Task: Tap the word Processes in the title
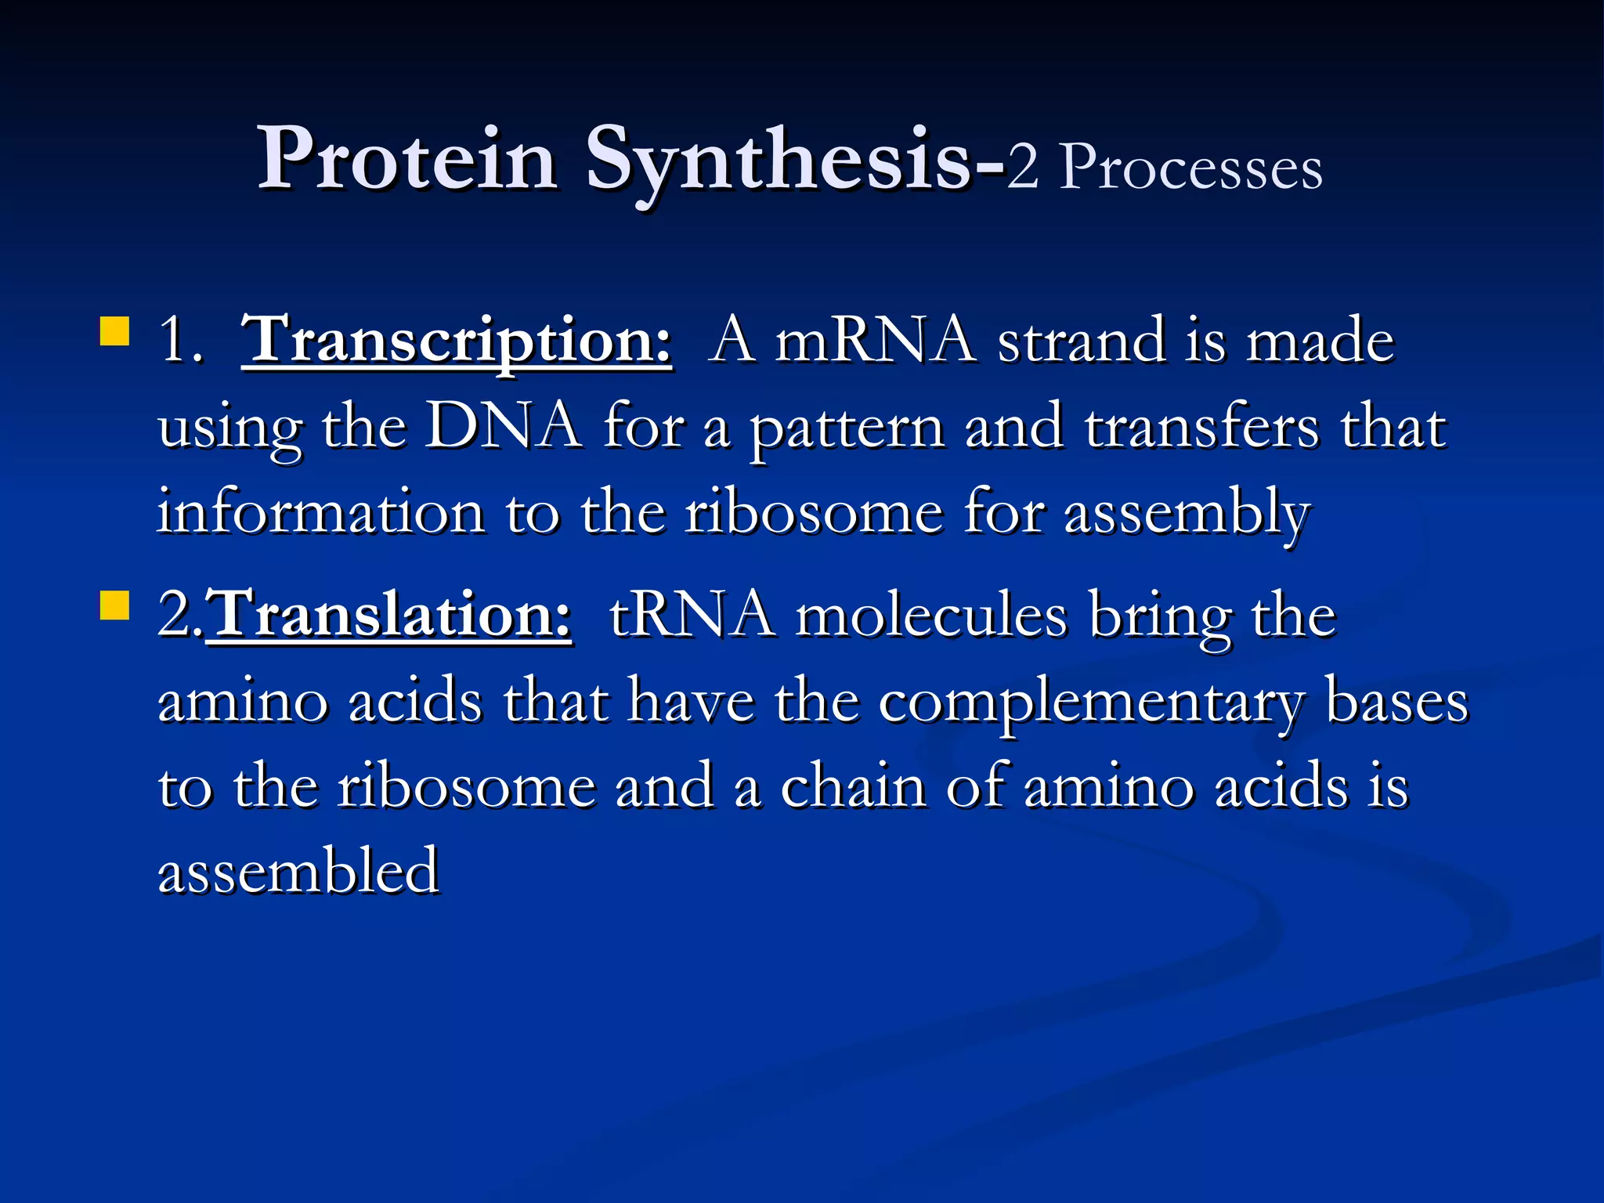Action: click(1190, 168)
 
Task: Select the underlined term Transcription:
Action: click(457, 341)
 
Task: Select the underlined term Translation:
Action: click(389, 615)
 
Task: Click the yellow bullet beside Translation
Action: click(114, 605)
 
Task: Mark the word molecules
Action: click(931, 616)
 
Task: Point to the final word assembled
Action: click(298, 871)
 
